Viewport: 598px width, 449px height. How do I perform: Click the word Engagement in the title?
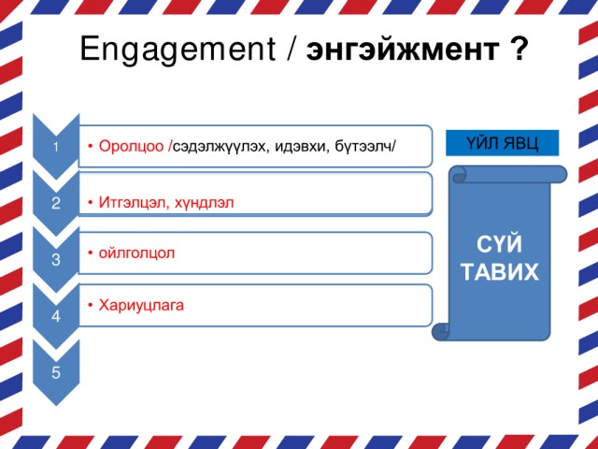click(178, 50)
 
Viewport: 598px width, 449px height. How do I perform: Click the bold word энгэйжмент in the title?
click(402, 51)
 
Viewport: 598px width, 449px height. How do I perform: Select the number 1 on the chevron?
click(56, 147)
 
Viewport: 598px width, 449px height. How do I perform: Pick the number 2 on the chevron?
click(56, 203)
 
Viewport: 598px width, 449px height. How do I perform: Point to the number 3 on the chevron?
click(56, 259)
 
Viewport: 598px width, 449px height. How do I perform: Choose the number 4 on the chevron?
click(56, 316)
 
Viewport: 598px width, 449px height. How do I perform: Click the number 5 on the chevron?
click(56, 372)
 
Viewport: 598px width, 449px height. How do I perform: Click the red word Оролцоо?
click(131, 146)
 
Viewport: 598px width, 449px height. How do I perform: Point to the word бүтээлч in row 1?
click(363, 146)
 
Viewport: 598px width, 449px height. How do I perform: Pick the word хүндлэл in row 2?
click(204, 202)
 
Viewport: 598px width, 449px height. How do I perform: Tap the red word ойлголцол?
click(136, 253)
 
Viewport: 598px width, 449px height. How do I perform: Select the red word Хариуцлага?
click(141, 306)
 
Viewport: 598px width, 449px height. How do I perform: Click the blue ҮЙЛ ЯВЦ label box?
click(503, 143)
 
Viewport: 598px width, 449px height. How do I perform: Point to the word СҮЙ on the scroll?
click(499, 244)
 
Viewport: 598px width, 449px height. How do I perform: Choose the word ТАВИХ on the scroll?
click(500, 271)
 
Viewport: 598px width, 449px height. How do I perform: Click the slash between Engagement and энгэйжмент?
click(291, 49)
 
